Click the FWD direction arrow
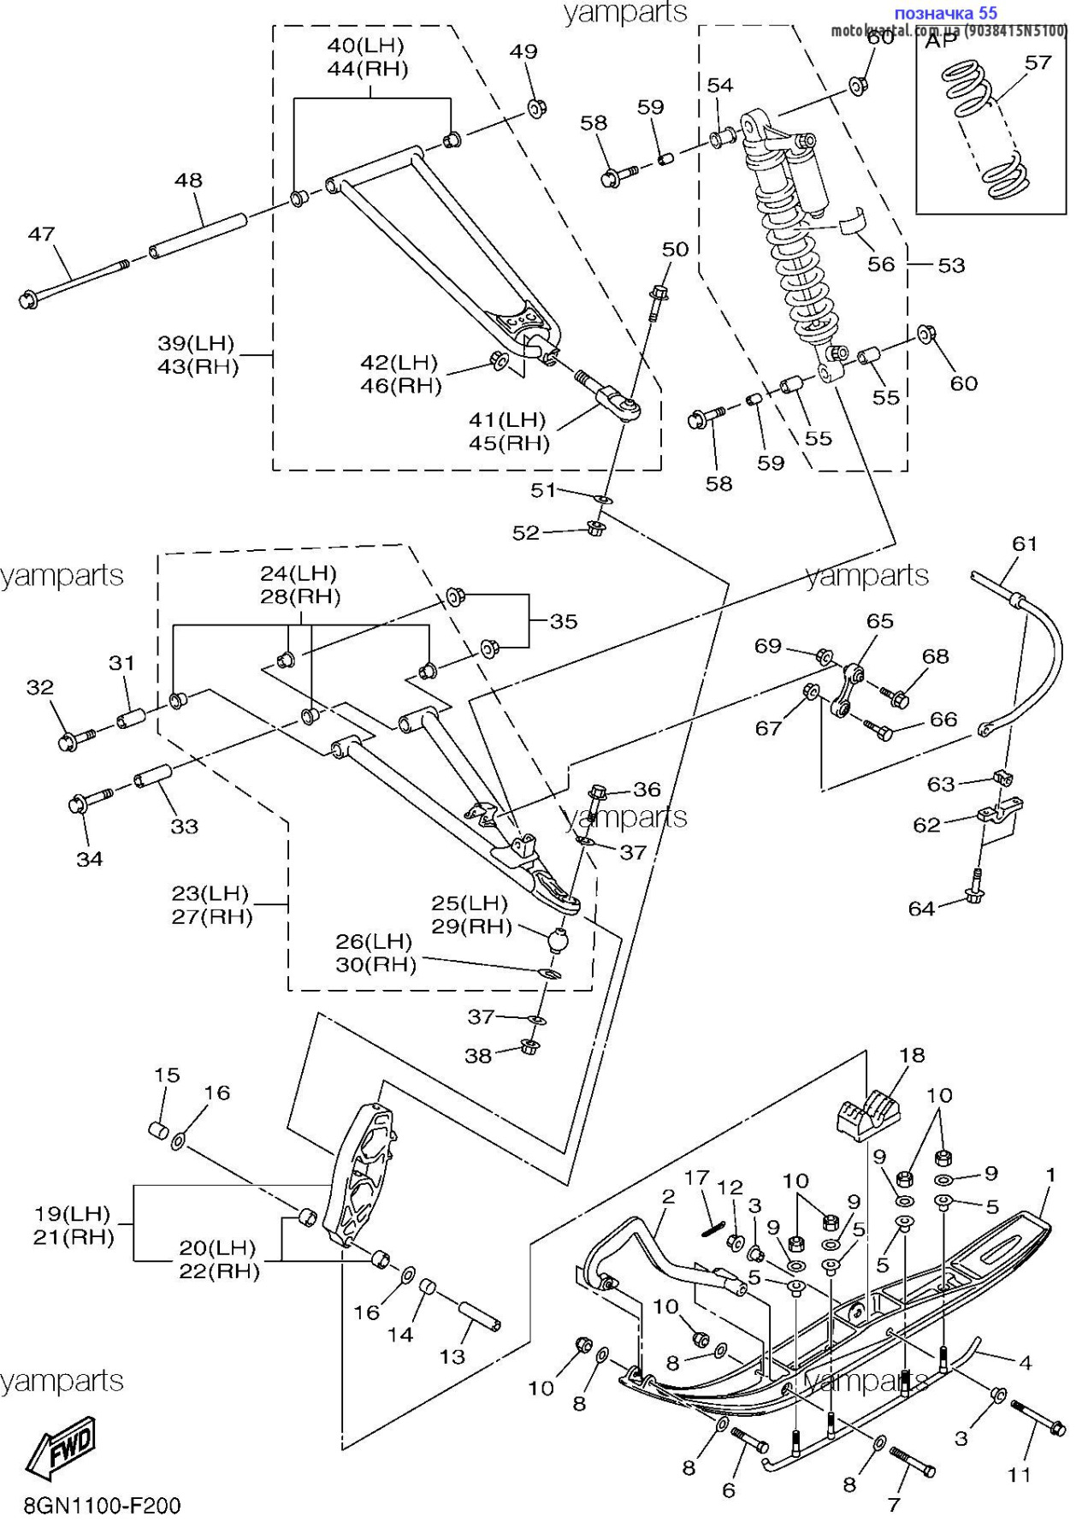[x=62, y=1447]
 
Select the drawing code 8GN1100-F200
[x=103, y=1506]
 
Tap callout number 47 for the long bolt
[x=41, y=234]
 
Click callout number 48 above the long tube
[x=188, y=181]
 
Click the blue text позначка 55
[x=945, y=13]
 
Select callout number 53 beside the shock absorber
[x=951, y=265]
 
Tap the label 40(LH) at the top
[x=366, y=45]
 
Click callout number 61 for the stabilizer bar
[x=1024, y=543]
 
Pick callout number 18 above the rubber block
[x=912, y=1055]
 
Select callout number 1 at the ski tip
[x=1050, y=1175]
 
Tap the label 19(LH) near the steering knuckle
[x=73, y=1213]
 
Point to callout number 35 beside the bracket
[x=564, y=621]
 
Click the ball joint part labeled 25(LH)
[x=558, y=939]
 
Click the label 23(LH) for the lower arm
[x=210, y=893]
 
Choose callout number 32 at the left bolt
[x=40, y=687]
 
